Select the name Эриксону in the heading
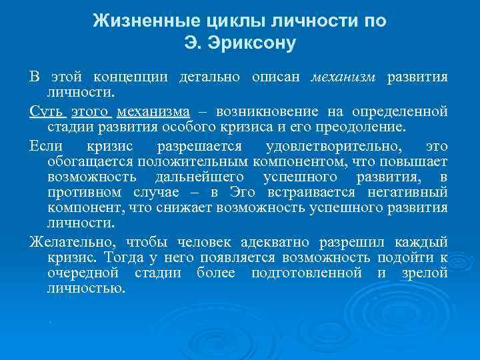(255, 44)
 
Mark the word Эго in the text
(243, 192)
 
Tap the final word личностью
(86, 289)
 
